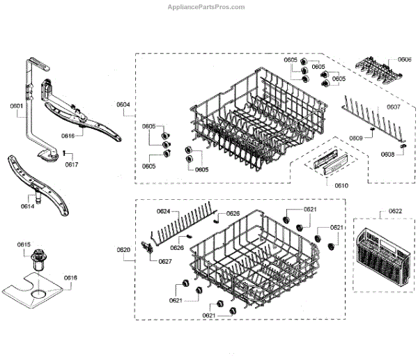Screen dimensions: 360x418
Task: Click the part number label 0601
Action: [x=16, y=106]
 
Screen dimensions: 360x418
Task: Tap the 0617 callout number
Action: [x=72, y=165]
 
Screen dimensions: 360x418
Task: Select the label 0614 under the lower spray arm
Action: [x=27, y=207]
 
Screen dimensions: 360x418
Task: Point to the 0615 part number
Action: [x=24, y=244]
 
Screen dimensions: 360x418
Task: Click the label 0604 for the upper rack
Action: [x=123, y=105]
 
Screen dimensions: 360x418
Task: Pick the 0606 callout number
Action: [x=405, y=61]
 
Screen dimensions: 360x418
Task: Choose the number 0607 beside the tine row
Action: [x=394, y=107]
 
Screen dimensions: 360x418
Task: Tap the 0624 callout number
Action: [x=163, y=211]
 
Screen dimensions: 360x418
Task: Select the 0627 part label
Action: [x=165, y=261]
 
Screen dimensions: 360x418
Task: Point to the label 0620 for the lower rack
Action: [x=123, y=249]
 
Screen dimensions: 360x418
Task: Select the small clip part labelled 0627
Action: [x=148, y=248]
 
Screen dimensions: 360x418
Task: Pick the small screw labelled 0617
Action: [x=63, y=152]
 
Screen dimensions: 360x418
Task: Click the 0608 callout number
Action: [x=388, y=154]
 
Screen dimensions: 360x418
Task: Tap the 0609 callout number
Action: [x=356, y=139]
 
